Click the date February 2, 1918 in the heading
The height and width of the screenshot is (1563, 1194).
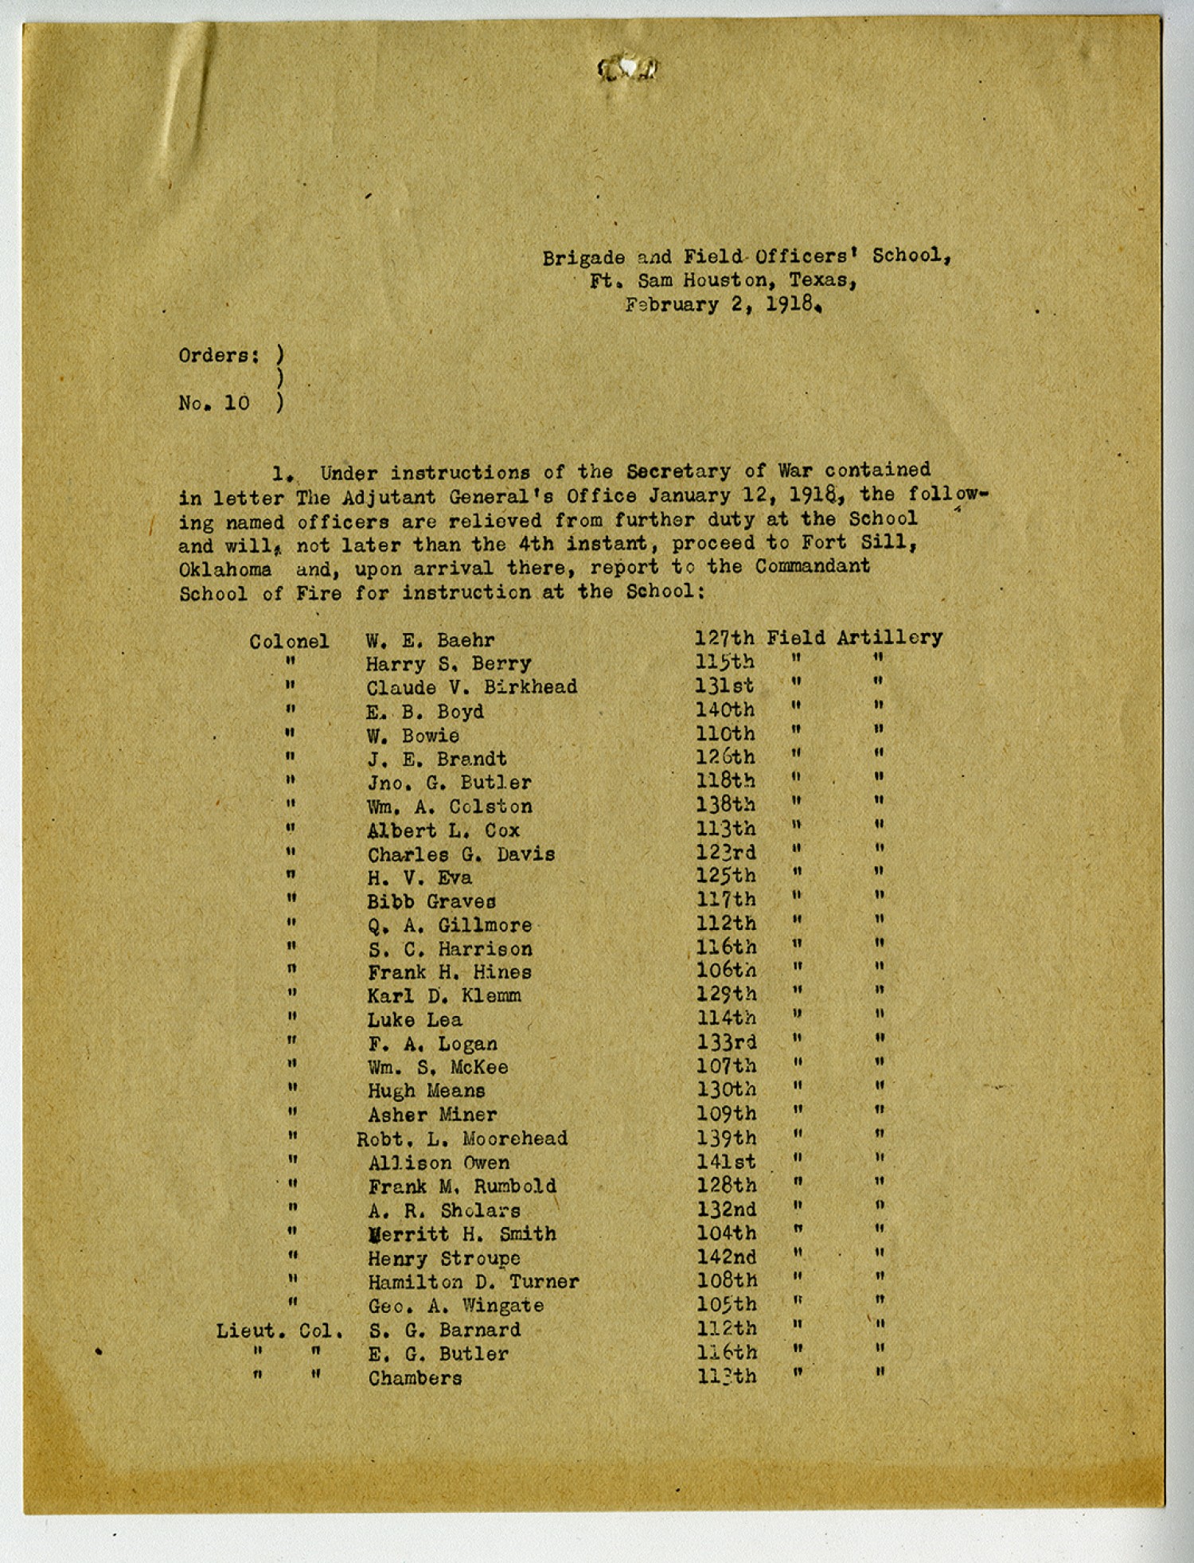723,305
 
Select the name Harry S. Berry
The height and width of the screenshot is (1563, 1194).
448,664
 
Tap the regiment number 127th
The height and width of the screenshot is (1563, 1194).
724,639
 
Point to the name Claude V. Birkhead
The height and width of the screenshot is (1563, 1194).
471,687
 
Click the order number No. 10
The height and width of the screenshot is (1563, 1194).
214,403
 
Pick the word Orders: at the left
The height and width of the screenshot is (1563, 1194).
219,355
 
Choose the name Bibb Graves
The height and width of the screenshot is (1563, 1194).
431,901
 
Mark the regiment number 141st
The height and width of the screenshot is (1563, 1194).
726,1162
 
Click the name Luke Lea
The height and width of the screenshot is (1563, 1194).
414,1020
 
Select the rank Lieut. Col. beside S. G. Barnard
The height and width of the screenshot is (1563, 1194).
279,1331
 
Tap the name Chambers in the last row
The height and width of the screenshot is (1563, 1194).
415,1378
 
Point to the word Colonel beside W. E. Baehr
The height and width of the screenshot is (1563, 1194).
289,641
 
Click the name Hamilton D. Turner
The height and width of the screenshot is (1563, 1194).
473,1282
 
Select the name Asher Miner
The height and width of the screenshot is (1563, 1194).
432,1115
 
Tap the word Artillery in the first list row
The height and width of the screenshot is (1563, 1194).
889,638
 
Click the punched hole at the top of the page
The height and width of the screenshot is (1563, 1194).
628,70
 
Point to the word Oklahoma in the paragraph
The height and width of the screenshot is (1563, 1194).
224,570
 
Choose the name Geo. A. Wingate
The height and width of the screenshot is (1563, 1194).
455,1306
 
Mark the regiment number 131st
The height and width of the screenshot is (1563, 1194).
724,686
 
